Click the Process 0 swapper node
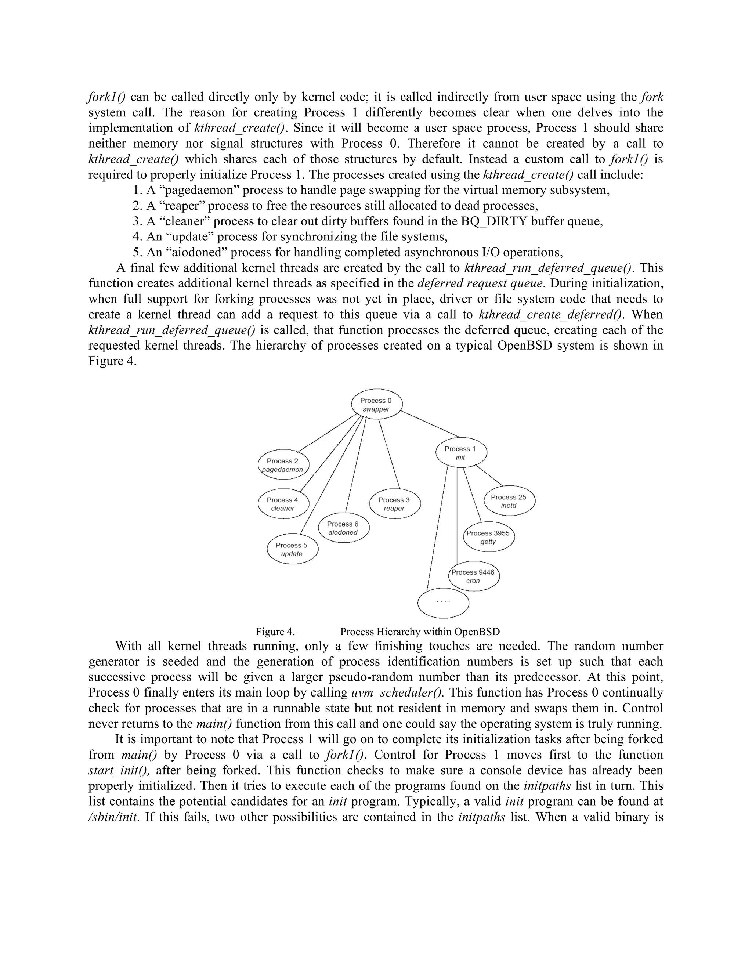point(377,404)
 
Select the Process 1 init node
point(461,453)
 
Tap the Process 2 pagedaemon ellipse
point(283,465)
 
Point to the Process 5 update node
point(292,549)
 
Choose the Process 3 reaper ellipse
point(395,503)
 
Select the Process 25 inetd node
point(509,501)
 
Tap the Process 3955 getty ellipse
point(488,537)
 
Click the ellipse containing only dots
point(443,603)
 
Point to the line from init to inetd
point(489,475)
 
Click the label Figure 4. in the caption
point(275,632)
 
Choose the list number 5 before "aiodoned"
point(137,253)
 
